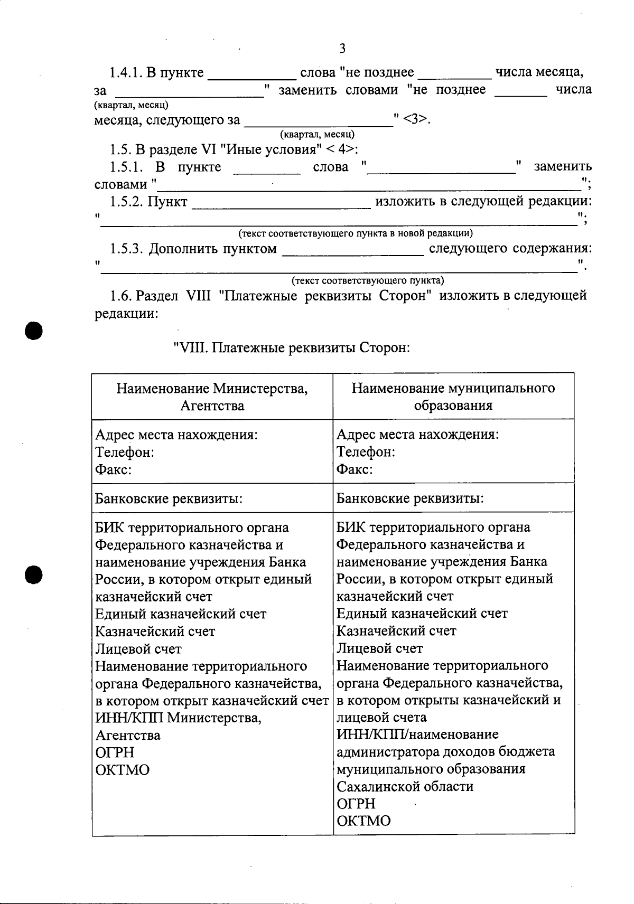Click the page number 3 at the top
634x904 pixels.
342,49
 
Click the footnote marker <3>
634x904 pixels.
415,120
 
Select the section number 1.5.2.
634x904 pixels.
127,202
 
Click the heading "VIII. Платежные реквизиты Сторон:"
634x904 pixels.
291,349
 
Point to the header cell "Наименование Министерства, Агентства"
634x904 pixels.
212,397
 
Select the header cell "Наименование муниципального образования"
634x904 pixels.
453,397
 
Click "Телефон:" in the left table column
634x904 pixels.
125,453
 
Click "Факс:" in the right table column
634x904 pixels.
355,469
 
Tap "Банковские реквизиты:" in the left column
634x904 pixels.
169,498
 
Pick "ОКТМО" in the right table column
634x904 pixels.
363,821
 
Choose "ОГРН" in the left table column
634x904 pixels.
115,752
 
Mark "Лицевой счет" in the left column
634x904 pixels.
138,648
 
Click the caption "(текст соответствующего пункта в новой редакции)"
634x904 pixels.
356,233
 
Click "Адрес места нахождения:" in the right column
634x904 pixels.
417,435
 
